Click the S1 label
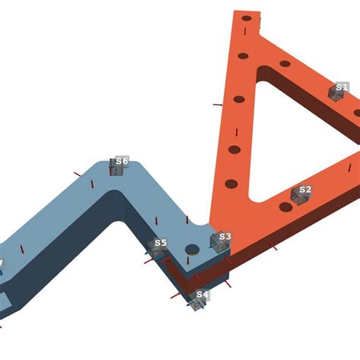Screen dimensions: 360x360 pos(342,87)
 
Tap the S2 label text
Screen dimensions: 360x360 pos(305,190)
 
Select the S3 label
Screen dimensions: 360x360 pos(224,237)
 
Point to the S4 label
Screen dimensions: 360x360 pos(201,295)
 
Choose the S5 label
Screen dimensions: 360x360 pos(160,244)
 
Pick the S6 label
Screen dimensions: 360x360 pos(122,161)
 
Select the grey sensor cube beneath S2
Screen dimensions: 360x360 pos(299,198)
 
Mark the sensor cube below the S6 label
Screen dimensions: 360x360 pos(117,168)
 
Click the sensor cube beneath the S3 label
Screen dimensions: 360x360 pos(219,243)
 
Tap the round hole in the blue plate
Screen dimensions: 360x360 pos(192,249)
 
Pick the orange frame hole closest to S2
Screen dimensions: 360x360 pos(286,207)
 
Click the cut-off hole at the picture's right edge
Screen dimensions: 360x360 pos(357,113)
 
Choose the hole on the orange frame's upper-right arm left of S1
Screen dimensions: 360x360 pos(285,64)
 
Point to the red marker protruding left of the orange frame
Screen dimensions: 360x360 pos(217,105)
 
